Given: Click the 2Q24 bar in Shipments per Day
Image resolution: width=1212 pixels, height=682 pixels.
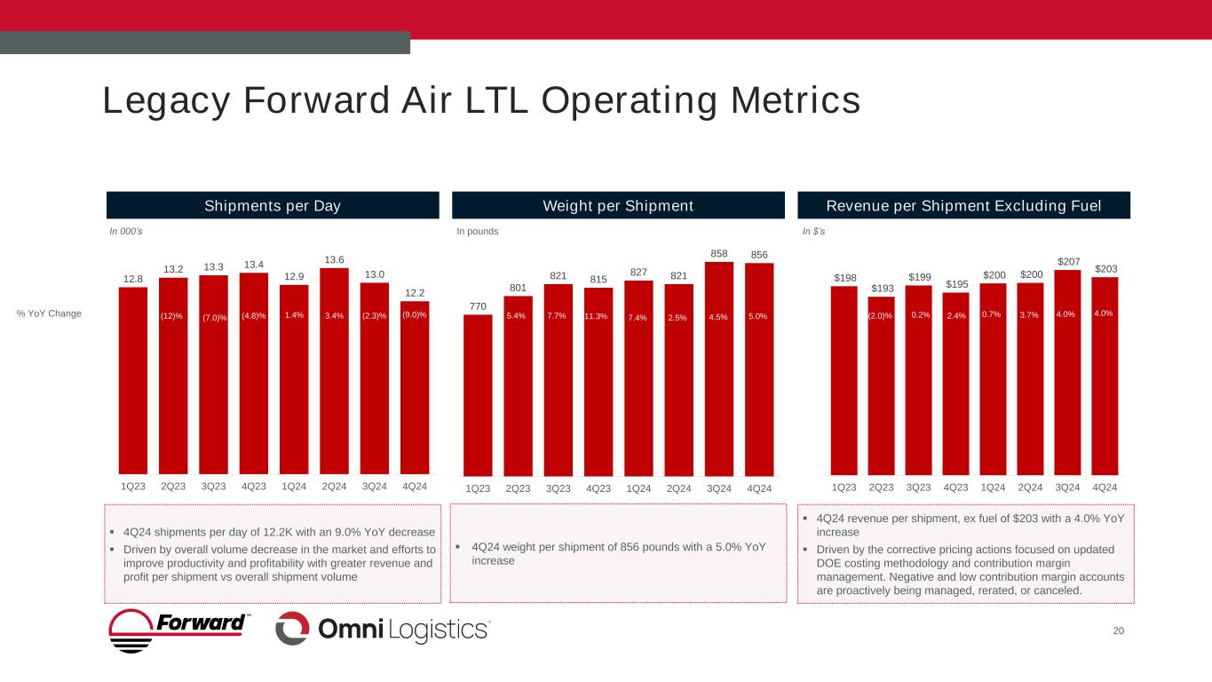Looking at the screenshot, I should tap(334, 373).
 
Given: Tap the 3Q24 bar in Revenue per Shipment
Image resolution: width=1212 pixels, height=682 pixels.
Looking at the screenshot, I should tap(1068, 373).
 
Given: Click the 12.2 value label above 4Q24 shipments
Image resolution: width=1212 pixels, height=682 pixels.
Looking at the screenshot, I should tap(415, 293).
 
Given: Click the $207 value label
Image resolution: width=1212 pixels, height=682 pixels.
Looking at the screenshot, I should tap(1068, 261).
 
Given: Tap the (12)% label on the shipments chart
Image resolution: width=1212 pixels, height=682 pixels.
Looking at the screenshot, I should tap(173, 316).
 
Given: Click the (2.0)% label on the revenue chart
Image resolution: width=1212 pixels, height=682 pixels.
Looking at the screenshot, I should tap(882, 316).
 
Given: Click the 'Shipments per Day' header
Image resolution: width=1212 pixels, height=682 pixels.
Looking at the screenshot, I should tap(273, 206).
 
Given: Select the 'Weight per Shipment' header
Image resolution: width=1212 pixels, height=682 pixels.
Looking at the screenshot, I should tap(618, 206).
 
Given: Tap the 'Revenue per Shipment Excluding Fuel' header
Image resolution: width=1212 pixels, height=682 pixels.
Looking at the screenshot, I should tap(964, 206).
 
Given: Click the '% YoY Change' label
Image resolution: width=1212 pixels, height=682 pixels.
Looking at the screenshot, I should tap(49, 313).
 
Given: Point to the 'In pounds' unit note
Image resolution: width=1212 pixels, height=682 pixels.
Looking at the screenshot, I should tap(478, 232).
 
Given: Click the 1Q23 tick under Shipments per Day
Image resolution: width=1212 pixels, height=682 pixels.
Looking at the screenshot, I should tap(133, 487).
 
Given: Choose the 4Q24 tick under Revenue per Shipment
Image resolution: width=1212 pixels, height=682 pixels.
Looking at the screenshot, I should tap(1105, 488).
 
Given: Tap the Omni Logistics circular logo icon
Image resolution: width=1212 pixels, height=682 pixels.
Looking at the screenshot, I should tap(292, 629).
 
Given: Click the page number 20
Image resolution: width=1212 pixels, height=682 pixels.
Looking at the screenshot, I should tap(1118, 630).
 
